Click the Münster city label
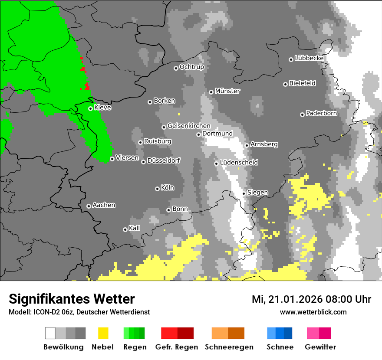(227, 91)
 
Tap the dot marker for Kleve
(90, 108)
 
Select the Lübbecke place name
(310, 58)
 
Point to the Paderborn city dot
(302, 115)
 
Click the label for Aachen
(104, 205)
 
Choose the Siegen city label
(257, 193)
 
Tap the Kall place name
(135, 228)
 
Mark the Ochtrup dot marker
(176, 68)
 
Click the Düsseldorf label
(164, 160)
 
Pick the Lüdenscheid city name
(239, 163)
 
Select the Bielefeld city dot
(285, 84)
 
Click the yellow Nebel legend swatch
(103, 333)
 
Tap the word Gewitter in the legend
(320, 347)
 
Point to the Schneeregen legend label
(229, 347)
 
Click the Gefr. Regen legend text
(177, 347)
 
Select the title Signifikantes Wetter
(72, 299)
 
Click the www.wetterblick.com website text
(313, 312)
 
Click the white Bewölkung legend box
(50, 333)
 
